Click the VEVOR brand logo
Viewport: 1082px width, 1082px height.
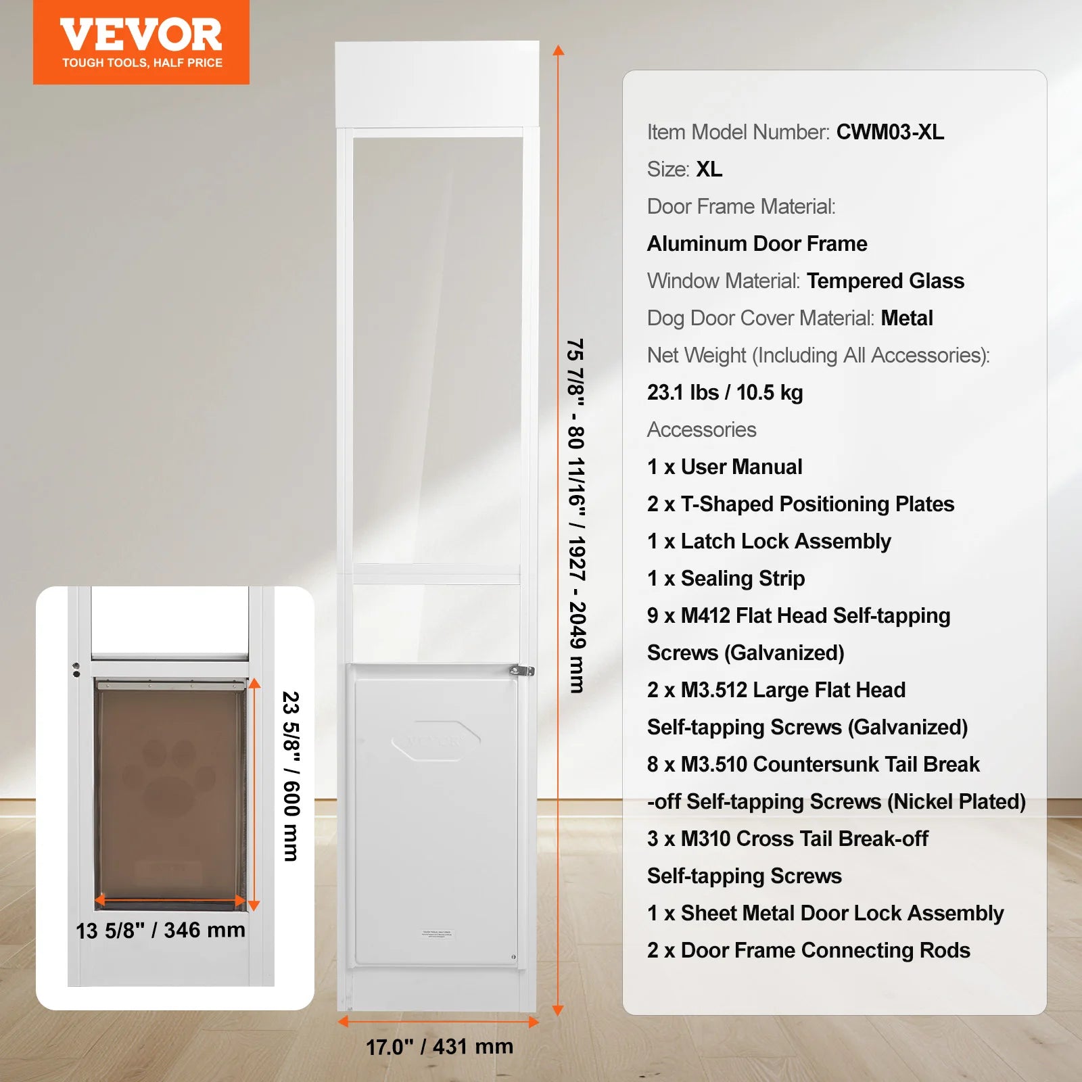pyautogui.click(x=141, y=35)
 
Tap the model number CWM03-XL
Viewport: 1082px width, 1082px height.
pyautogui.click(x=890, y=132)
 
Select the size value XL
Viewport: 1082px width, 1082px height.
pyautogui.click(x=709, y=169)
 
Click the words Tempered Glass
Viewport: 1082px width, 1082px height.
pyautogui.click(x=885, y=281)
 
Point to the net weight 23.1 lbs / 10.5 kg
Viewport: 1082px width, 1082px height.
pyautogui.click(x=725, y=392)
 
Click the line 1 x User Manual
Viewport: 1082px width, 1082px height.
pyautogui.click(x=724, y=467)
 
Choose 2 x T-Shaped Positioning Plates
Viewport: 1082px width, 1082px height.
pyautogui.click(x=800, y=504)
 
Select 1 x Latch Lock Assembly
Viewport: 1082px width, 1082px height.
pyautogui.click(x=769, y=541)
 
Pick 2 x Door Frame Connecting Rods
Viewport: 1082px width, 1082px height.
pyautogui.click(x=808, y=950)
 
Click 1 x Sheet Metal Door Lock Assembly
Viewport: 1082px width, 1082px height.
pyautogui.click(x=825, y=913)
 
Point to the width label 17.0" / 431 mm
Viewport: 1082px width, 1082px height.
pyautogui.click(x=440, y=1047)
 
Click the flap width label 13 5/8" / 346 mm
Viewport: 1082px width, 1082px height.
pyautogui.click(x=160, y=931)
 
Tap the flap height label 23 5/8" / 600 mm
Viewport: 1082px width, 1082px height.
pyautogui.click(x=291, y=776)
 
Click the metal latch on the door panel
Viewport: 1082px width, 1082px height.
pyautogui.click(x=521, y=671)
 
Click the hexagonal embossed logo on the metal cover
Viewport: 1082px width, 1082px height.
pyautogui.click(x=436, y=740)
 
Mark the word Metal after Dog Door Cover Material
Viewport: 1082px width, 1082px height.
pyautogui.click(x=907, y=318)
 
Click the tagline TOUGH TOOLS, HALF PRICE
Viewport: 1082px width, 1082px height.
pyautogui.click(x=142, y=63)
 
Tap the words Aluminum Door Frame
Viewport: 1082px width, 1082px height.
pyautogui.click(x=757, y=243)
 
